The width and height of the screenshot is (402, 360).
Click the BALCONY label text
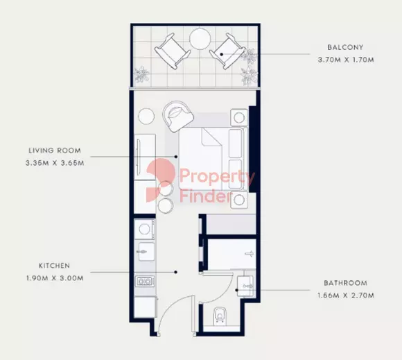pos(345,47)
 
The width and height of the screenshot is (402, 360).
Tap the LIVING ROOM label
pos(55,150)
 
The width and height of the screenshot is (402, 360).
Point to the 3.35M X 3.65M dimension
pos(55,163)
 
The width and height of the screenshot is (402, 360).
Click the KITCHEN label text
pos(55,266)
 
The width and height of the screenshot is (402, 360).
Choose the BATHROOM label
pos(345,283)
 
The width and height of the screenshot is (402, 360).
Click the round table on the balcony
pos(200,38)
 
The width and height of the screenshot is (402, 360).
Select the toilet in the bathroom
pos(220,314)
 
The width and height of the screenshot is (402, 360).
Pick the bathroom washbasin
pos(245,285)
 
